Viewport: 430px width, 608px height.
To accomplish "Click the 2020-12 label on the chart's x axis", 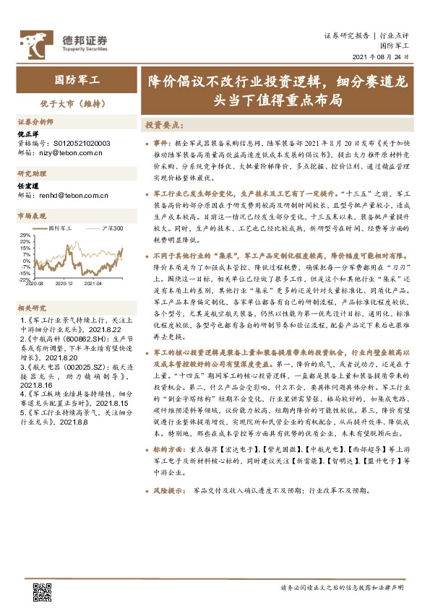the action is click(65, 285).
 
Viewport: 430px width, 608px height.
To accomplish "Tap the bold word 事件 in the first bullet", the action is click(163, 144).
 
